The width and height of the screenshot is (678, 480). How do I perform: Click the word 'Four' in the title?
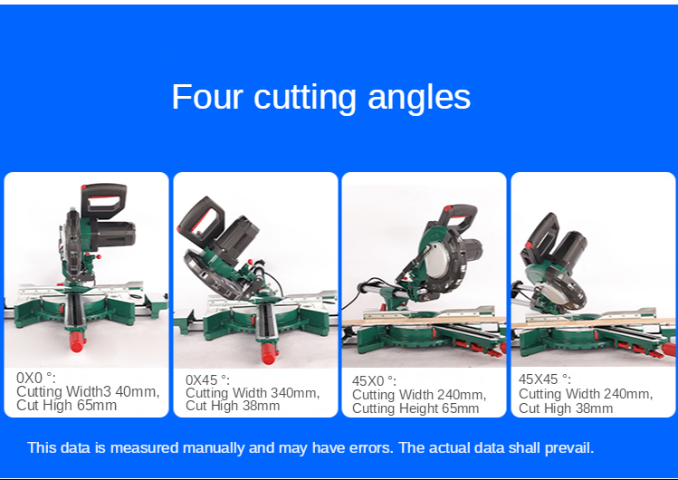206,97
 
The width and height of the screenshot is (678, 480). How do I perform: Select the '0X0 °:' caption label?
36,378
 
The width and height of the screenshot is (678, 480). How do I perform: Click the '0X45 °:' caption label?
207,380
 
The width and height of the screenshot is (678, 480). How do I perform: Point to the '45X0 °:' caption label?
374,381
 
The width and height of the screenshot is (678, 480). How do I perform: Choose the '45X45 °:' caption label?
545,379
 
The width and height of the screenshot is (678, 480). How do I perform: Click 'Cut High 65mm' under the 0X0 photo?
67,406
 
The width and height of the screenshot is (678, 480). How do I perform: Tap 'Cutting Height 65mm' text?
415,408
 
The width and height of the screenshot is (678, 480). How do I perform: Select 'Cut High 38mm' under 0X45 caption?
233,406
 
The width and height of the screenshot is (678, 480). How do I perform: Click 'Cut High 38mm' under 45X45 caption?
566,408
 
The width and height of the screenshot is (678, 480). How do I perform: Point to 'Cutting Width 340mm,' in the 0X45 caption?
253,393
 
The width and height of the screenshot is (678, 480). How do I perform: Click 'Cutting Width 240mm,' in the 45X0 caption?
419,394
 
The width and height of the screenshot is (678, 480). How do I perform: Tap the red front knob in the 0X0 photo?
78,341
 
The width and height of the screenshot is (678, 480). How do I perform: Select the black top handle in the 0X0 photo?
104,200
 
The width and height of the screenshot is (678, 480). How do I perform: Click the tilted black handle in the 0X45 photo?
201,221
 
